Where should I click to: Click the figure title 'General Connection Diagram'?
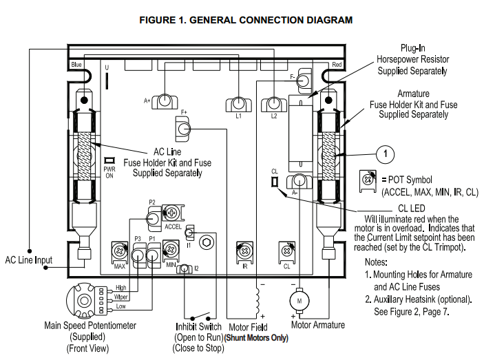coord(246,20)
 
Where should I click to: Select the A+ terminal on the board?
coord(165,101)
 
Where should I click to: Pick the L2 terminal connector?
coord(273,104)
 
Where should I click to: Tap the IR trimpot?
coord(243,251)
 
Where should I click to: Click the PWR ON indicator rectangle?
coord(108,161)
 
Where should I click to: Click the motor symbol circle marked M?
coord(299,301)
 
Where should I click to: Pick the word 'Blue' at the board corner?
coord(76,65)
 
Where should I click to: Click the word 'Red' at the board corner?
coord(337,65)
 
